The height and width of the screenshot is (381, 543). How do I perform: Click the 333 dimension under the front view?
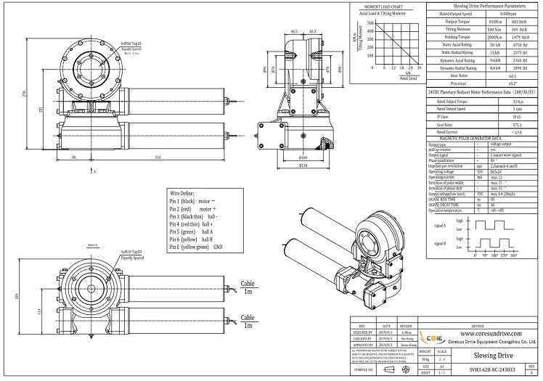coord(137,157)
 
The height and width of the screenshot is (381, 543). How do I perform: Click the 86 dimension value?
coord(75,157)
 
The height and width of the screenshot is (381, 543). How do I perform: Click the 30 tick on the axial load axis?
coord(420,67)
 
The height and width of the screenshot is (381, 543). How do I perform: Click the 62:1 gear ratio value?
coord(512,75)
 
